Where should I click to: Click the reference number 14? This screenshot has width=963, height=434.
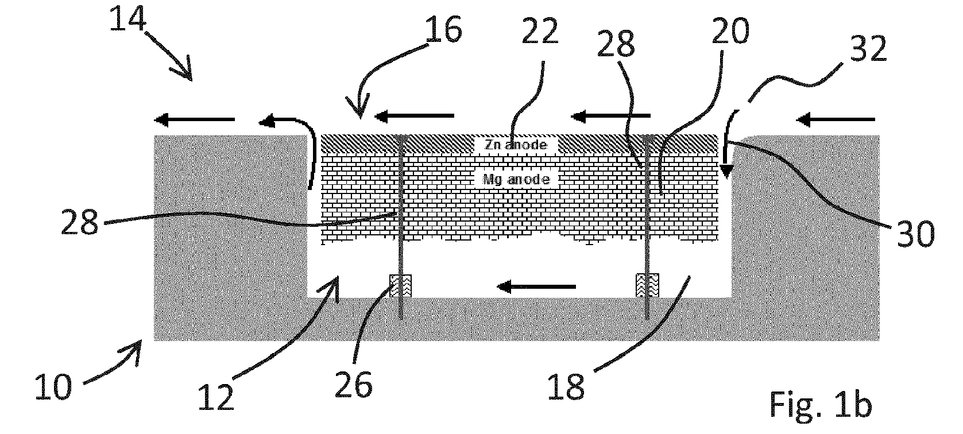tap(127, 18)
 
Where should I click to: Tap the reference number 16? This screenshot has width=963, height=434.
tap(443, 29)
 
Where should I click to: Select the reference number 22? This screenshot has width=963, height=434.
tap(540, 31)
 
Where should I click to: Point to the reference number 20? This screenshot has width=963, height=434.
tap(730, 31)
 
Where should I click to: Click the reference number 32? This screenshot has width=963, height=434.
tap(869, 48)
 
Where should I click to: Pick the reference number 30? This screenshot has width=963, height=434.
tap(916, 234)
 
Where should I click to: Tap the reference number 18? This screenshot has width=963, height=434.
tap(566, 386)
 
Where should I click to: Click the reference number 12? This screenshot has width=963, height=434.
tap(216, 397)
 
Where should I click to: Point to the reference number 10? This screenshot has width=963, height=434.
tap(53, 387)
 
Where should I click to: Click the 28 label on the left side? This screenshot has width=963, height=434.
tap(80, 222)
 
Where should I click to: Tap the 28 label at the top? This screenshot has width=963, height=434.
tap(616, 44)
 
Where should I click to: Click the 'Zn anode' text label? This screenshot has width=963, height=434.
tap(516, 145)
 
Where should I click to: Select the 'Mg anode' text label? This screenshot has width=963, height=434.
tap(516, 179)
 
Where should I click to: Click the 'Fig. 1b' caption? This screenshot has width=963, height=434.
tap(820, 404)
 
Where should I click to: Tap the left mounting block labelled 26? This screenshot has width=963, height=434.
tap(400, 286)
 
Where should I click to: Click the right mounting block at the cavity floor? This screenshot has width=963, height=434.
tap(647, 286)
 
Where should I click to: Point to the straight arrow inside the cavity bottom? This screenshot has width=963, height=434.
tap(536, 286)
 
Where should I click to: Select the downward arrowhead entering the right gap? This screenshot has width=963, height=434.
tap(726, 172)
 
